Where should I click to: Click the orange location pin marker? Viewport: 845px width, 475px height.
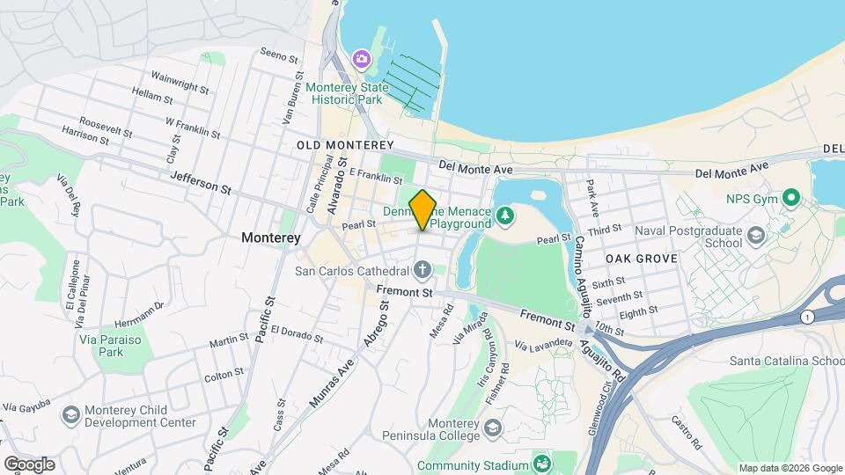pos(422,209)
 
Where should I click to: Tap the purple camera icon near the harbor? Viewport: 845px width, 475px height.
pos(360,59)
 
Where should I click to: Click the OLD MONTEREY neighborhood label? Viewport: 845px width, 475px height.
pos(345,144)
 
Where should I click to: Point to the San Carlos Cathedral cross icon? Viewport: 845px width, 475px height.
pos(422,269)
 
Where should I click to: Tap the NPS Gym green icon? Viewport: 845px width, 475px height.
pos(790,199)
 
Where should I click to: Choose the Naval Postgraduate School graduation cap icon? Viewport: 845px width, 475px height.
pos(755,234)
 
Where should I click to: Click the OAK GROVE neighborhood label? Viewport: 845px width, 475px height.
pos(641,259)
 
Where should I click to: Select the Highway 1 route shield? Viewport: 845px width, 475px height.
pos(807,317)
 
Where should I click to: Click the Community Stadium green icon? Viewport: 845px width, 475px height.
pos(543,464)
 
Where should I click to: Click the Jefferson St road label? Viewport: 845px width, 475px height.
pos(200,182)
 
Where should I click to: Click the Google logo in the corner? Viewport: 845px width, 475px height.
pos(29,464)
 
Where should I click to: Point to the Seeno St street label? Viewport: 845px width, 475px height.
pos(280,55)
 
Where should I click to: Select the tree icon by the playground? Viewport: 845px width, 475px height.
pos(504,214)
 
